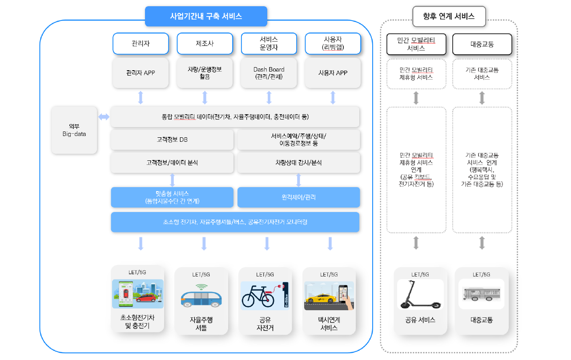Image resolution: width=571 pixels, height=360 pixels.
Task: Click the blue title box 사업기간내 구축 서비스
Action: (x=206, y=16)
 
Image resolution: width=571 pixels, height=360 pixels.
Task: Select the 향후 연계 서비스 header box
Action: (x=449, y=16)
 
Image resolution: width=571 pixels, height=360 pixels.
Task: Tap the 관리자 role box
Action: (x=141, y=44)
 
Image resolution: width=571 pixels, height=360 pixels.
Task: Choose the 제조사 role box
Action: (x=205, y=44)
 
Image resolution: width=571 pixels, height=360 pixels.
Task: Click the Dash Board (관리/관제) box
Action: (x=269, y=73)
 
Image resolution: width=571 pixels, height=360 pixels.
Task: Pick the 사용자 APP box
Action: (x=333, y=73)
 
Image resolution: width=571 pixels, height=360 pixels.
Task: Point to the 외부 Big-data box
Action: (x=74, y=130)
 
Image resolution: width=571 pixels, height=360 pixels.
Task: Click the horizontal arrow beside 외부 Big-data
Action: (x=104, y=117)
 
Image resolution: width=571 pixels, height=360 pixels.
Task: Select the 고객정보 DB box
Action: (x=172, y=140)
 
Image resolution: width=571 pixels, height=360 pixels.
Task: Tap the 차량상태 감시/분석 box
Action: (x=298, y=163)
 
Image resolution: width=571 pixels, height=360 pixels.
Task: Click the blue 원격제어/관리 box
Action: (x=298, y=197)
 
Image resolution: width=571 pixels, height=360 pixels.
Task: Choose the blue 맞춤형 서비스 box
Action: (x=172, y=197)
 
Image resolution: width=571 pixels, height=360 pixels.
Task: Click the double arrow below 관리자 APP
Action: (x=141, y=98)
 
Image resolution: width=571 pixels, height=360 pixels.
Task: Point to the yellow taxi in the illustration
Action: (x=321, y=298)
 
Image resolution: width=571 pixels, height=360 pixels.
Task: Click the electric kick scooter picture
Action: (x=420, y=294)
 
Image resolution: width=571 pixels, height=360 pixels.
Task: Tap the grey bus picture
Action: (x=481, y=294)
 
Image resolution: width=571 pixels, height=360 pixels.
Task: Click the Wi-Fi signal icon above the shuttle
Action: (x=201, y=287)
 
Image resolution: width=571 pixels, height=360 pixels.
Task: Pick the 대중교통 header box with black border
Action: (x=482, y=44)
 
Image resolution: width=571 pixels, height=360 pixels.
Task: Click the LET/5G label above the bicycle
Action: (x=265, y=274)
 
